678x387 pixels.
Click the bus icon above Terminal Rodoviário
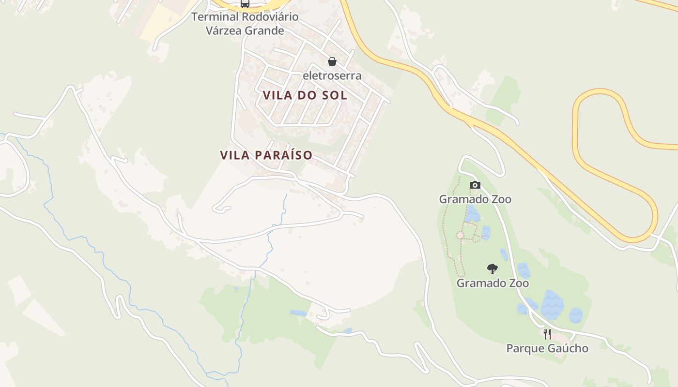245,4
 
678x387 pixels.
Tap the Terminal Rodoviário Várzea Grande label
245,24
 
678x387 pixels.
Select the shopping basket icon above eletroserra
332,61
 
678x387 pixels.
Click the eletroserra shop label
332,75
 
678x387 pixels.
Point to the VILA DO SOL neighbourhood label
305,95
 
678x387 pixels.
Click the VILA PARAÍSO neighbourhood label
266,155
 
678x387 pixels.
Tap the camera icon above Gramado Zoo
475,185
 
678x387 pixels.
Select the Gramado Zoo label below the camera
475,199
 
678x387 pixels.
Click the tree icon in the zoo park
493,268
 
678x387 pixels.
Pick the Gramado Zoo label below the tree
493,283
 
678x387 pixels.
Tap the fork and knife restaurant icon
547,334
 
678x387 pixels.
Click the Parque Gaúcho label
547,348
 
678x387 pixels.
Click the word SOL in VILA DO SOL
334,95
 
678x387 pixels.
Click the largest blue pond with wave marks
552,305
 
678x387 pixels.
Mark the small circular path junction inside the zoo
460,235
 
